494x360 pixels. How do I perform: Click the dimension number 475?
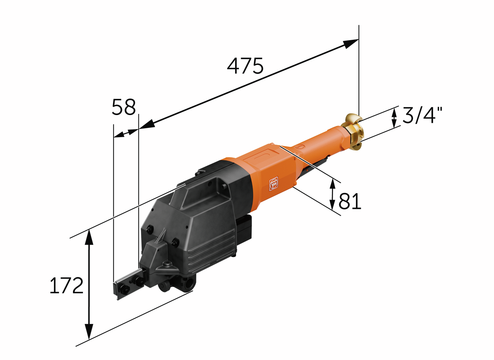click(x=245, y=66)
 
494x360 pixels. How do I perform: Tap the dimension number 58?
click(x=124, y=107)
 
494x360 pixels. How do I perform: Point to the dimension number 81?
click(x=350, y=201)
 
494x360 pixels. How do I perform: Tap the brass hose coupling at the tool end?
click(x=352, y=132)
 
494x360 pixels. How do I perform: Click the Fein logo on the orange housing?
click(x=274, y=183)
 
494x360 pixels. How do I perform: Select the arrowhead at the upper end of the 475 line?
click(x=351, y=44)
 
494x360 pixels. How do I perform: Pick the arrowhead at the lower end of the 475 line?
click(x=147, y=124)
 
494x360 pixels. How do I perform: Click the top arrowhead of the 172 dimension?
click(x=89, y=237)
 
